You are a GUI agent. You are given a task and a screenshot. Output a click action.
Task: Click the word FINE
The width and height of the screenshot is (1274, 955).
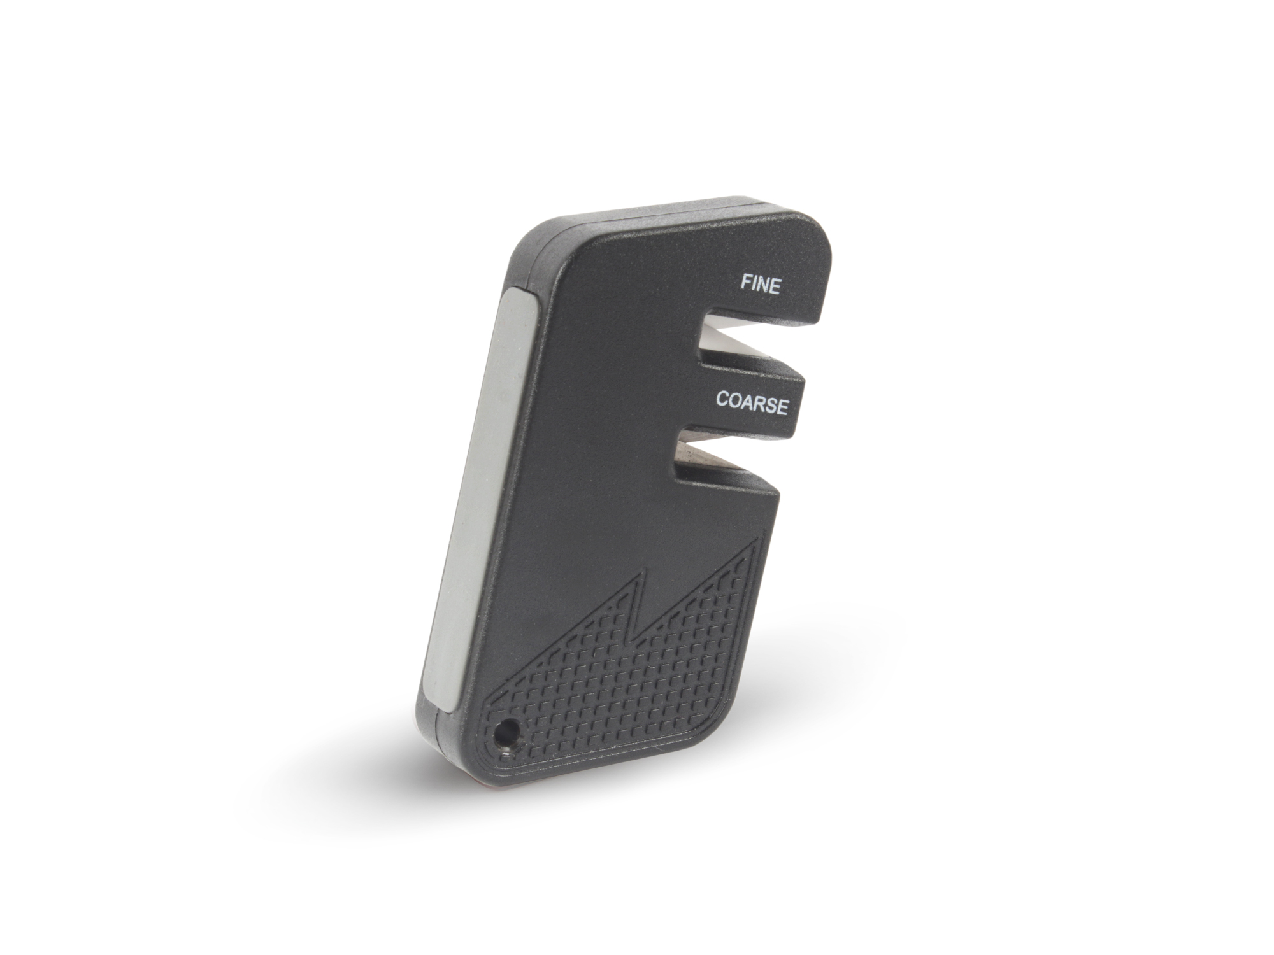(760, 284)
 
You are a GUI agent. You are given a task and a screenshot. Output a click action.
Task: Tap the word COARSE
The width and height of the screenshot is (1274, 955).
(752, 402)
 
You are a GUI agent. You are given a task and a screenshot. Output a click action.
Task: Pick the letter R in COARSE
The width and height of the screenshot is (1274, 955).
(759, 403)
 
